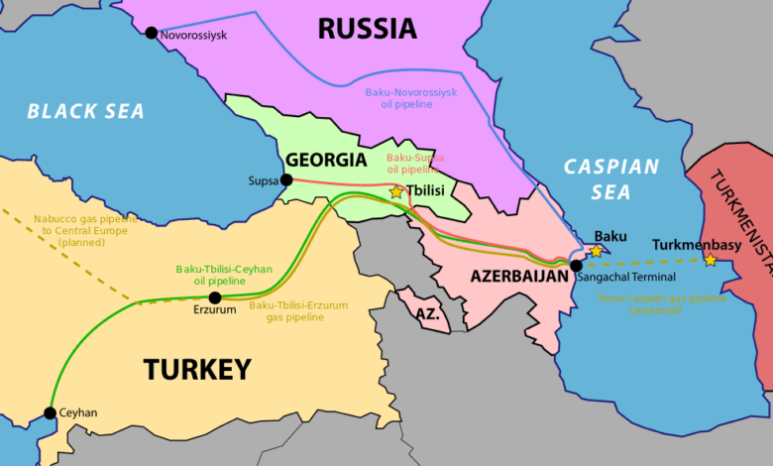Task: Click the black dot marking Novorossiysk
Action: pos(151,33)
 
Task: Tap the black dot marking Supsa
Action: pos(286,179)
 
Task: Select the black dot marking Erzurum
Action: pos(214,297)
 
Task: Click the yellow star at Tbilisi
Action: pos(396,191)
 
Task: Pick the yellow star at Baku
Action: pos(596,251)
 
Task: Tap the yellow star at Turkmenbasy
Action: pos(710,260)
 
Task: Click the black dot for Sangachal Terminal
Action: pos(577,265)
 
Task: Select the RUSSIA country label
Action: pos(367,29)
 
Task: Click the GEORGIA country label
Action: pos(326,160)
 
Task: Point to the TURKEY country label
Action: pos(197,370)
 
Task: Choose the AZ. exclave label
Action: pos(427,313)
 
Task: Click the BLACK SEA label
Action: pos(85,111)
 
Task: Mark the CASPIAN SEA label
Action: pos(611,178)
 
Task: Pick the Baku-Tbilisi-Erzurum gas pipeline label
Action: pos(298,311)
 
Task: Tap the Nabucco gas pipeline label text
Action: pos(88,229)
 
